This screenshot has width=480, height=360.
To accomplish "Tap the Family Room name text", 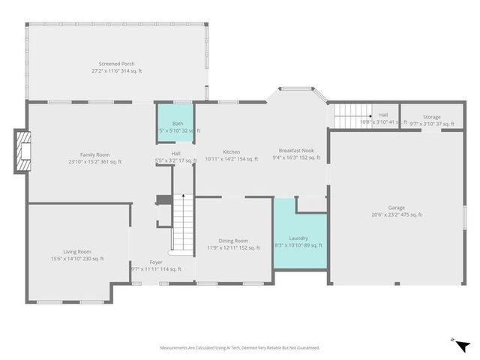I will [95, 154].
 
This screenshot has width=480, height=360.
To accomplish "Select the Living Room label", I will [77, 251].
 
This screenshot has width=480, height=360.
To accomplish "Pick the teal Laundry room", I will [300, 232].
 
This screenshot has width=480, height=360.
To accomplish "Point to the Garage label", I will [396, 208].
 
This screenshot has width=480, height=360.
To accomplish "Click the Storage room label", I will [431, 117].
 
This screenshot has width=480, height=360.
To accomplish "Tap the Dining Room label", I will [232, 241].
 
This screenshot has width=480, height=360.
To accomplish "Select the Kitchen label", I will [230, 151].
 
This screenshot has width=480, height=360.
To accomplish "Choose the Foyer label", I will [156, 262].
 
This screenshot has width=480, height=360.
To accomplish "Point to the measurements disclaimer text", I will [239, 348].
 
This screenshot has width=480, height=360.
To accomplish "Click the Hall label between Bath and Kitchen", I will [175, 154].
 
